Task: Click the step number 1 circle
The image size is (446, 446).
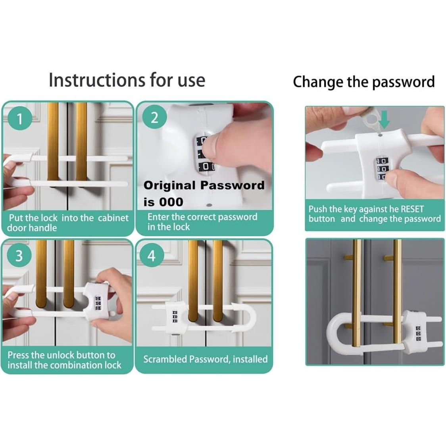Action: pos(19,118)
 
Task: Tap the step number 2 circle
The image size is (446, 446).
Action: pos(154,117)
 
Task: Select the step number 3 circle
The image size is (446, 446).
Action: pos(19,255)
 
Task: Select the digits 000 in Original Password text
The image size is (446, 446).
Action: pos(171,202)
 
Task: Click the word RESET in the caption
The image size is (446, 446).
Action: pos(412,209)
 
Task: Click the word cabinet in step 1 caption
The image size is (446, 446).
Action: pos(113,218)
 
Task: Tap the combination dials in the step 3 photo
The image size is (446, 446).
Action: pos(98,303)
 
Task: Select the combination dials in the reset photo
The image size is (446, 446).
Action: pos(382,169)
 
